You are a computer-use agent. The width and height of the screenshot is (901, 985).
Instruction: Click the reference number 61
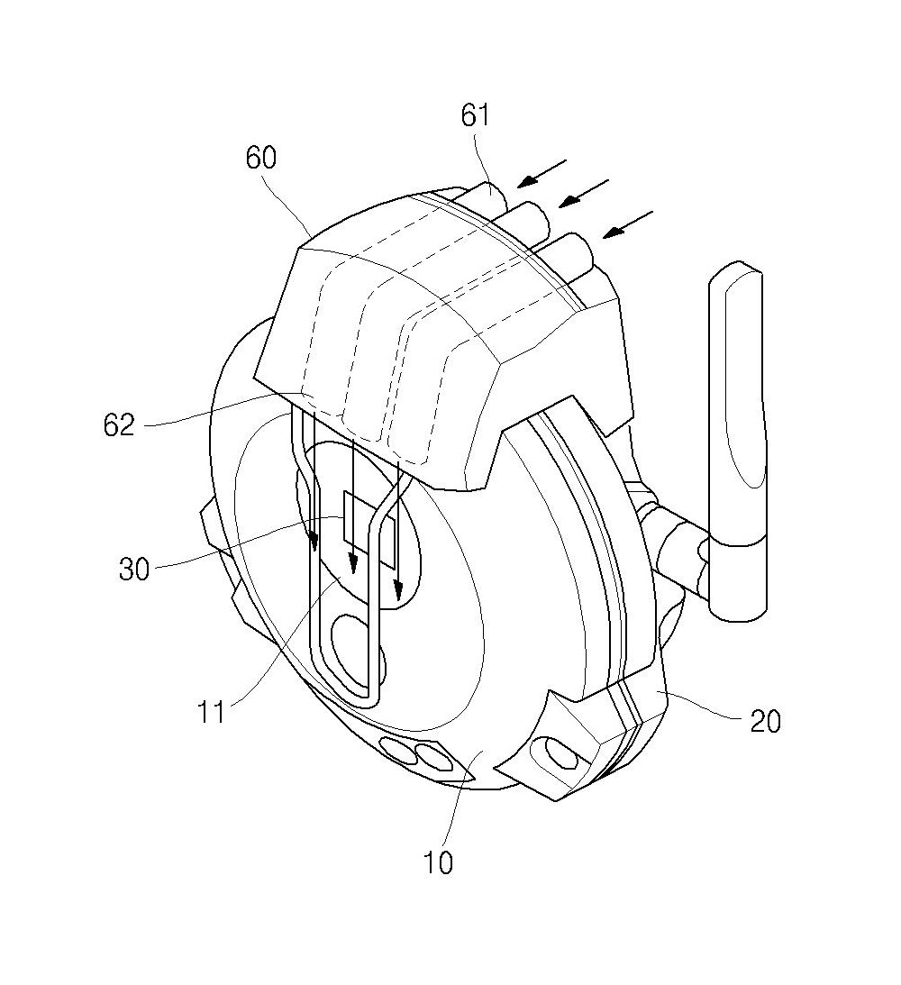coord(475,115)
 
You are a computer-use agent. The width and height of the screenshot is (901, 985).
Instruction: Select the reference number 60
coord(261,158)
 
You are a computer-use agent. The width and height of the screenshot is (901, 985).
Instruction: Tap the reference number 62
coord(119,425)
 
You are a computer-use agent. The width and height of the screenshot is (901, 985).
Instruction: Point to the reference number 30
coord(133,570)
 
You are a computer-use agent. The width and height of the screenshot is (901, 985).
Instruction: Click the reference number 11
coord(211,712)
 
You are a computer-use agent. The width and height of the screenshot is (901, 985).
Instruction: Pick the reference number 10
coord(438,862)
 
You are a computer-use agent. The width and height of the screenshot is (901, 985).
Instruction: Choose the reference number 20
coord(765,721)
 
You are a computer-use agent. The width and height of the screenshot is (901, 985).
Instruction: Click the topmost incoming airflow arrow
coord(542,173)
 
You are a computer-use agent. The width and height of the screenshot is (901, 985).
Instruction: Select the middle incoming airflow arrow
coord(585,194)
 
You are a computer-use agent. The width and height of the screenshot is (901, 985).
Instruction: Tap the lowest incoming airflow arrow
coord(628,225)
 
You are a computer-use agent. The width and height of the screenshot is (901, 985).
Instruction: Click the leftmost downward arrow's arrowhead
coord(314,541)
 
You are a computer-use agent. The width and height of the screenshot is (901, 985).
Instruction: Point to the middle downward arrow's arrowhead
coord(353,565)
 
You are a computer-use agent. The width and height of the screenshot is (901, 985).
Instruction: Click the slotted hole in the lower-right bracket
coord(561,752)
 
